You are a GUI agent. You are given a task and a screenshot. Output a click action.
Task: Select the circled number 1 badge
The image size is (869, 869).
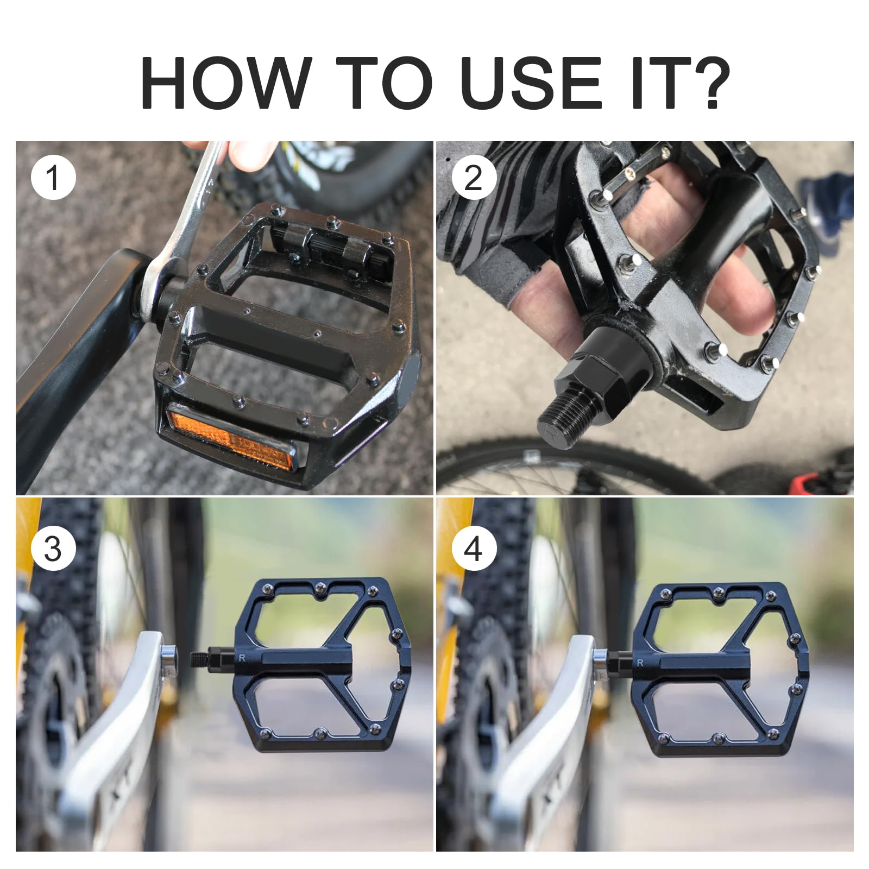53,177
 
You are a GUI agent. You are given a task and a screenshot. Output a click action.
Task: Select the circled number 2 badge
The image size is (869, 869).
474,177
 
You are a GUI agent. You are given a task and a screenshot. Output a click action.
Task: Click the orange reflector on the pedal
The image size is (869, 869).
231,434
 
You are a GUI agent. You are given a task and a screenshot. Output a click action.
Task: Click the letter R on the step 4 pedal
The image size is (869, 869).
641,663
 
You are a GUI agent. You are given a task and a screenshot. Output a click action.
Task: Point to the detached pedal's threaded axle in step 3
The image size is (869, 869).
204,658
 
